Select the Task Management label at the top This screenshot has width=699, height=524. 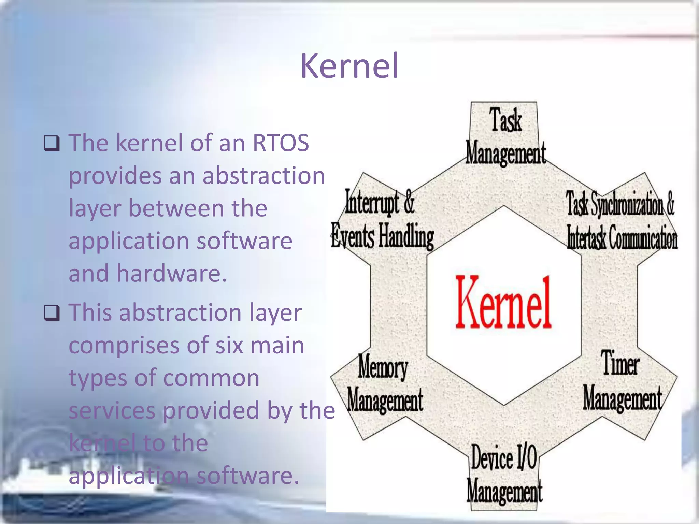point(505,136)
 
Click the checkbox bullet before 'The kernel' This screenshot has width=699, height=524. point(52,143)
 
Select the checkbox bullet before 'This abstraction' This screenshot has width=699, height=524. point(52,313)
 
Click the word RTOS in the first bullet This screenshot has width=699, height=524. point(281,143)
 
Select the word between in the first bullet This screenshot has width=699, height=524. point(176,208)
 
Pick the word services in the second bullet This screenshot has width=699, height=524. point(112,410)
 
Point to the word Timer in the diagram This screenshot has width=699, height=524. point(620,363)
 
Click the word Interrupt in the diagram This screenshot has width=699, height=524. point(372,202)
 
